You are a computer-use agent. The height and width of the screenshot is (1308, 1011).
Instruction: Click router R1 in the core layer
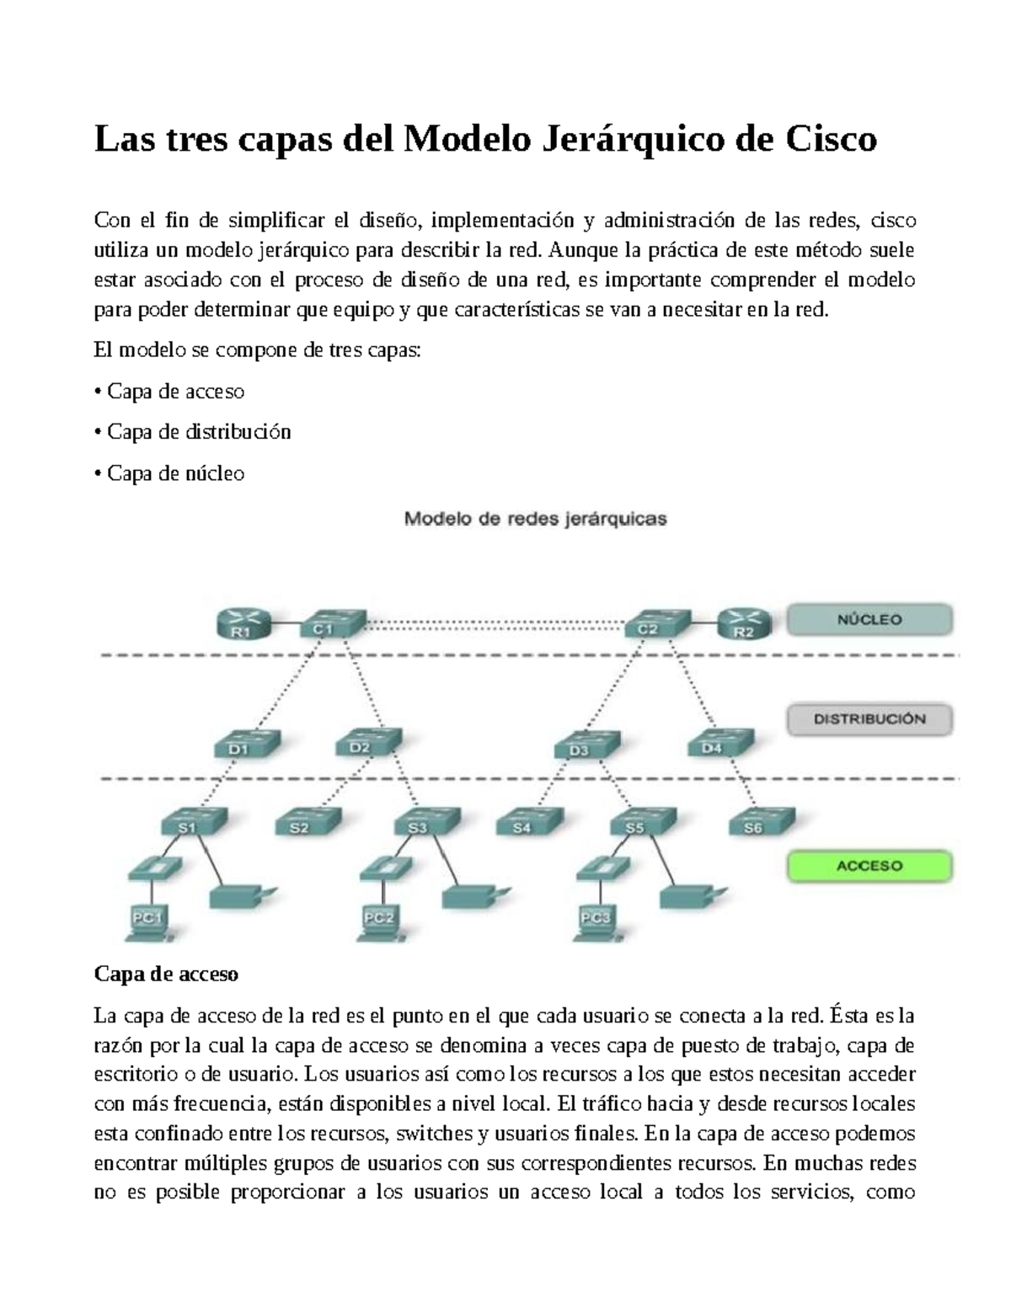coord(242,625)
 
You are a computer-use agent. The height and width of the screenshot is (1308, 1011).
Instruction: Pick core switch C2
coord(653,624)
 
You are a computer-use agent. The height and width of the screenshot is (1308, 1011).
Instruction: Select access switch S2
coord(304,822)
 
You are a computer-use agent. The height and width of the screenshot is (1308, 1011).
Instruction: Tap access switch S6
coord(757,822)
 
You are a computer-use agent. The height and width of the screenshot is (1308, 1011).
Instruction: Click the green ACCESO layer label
coord(869,866)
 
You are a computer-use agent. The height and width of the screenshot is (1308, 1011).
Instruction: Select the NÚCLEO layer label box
coord(869,620)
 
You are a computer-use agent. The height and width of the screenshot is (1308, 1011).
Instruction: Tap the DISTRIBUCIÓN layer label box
coord(869,719)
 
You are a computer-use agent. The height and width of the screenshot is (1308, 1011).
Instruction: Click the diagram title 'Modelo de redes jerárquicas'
coord(536,519)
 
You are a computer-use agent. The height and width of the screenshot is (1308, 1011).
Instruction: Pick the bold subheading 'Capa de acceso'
coord(166,974)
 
